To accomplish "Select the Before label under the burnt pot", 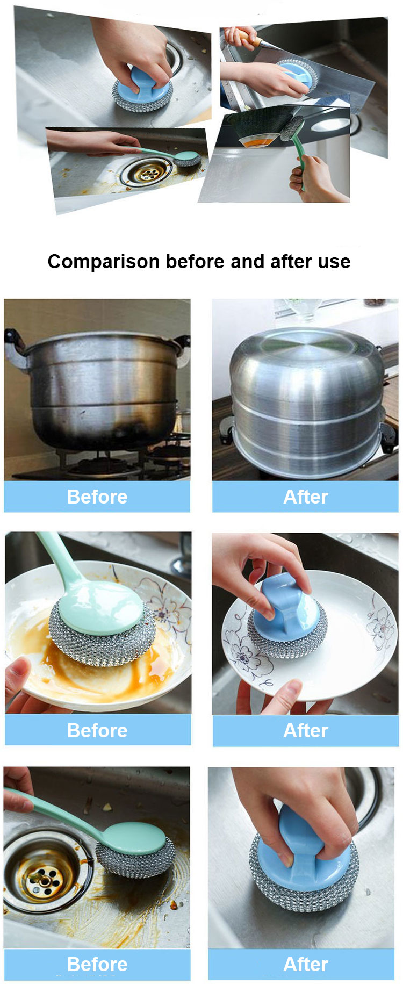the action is [97, 497].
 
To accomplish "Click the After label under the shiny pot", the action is [306, 497].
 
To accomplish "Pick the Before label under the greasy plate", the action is [97, 730].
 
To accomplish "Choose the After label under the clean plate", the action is [306, 730].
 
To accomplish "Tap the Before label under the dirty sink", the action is [97, 964].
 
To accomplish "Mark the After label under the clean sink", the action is [306, 964].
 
